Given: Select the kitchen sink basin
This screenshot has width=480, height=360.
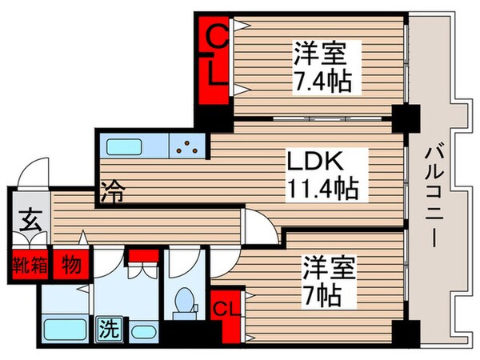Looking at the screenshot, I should pos(127,148).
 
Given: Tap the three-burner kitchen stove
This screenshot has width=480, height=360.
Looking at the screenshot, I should pos(190,148).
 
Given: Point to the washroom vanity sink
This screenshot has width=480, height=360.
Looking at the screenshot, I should pos(144,330).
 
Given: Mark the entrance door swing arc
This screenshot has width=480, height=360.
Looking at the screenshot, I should pos(34,172).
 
